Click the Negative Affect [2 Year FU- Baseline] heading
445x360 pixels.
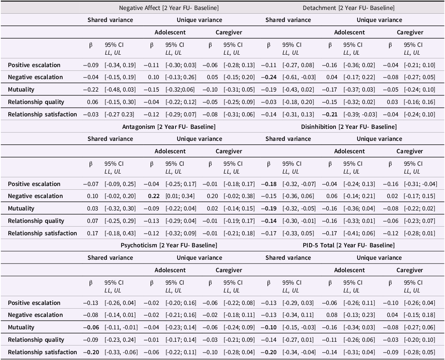[x=169, y=8]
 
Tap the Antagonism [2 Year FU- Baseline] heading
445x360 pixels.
[x=169, y=126]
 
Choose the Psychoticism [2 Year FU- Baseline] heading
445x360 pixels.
[x=169, y=245]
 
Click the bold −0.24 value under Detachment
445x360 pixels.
[x=269, y=77]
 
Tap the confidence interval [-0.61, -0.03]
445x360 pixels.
[x=299, y=77]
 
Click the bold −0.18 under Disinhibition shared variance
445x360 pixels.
[x=269, y=184]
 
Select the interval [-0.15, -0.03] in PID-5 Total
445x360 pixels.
[x=299, y=327]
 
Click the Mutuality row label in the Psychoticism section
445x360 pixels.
[x=21, y=327]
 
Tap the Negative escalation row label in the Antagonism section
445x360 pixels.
[x=35, y=196]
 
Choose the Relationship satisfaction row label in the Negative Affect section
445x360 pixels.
[x=42, y=114]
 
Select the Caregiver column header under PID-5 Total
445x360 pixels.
[x=409, y=270]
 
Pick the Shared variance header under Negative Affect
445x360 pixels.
[x=110, y=20]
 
